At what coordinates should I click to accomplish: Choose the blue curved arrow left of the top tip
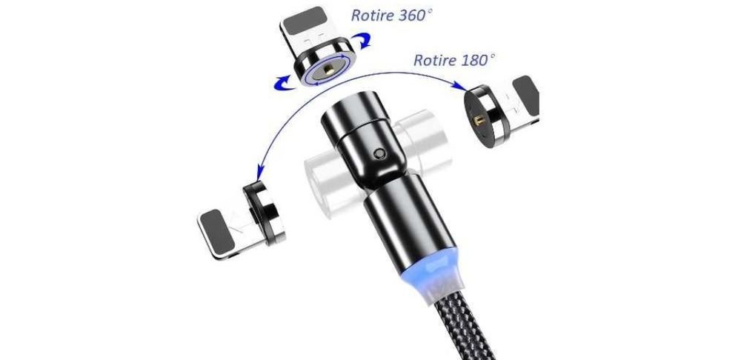point(285,81)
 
